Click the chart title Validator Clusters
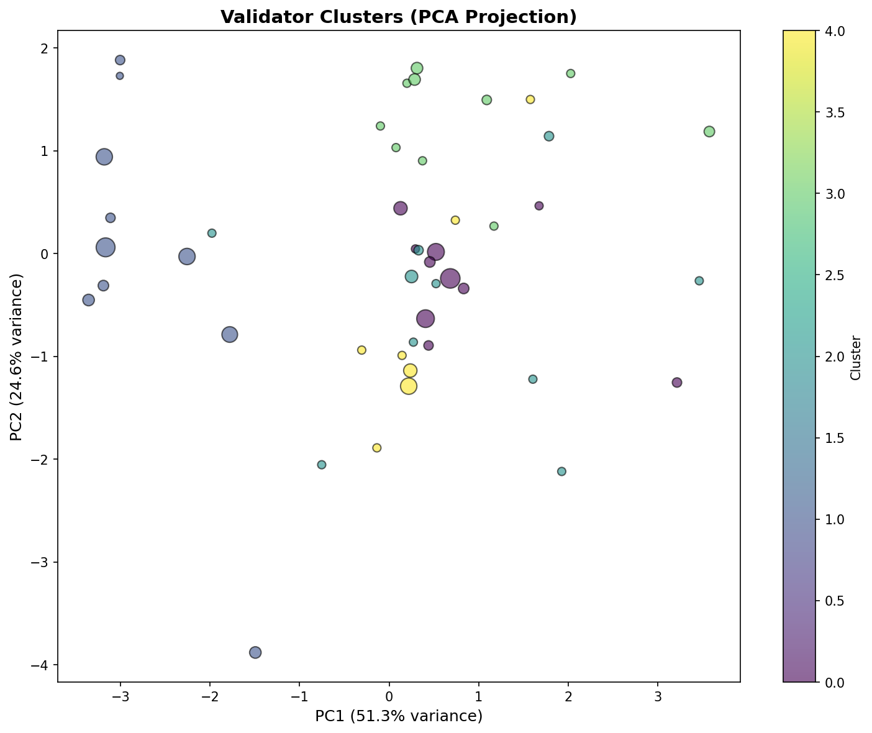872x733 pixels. tap(399, 17)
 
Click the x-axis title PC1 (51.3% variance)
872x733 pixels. tap(399, 716)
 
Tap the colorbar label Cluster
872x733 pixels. tap(856, 357)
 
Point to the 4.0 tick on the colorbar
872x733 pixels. tap(818, 31)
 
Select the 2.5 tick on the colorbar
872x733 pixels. tap(818, 275)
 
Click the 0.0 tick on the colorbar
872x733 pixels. tap(818, 682)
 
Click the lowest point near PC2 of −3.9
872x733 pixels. tap(255, 652)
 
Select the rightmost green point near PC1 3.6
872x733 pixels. tap(709, 132)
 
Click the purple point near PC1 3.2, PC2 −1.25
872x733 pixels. tap(677, 383)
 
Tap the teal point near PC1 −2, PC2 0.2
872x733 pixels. tap(212, 233)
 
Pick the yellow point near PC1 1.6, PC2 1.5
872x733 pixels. tap(530, 99)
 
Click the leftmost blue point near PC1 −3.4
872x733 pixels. tap(89, 300)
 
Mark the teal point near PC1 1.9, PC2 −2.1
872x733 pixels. tap(562, 471)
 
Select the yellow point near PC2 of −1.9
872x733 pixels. tap(377, 448)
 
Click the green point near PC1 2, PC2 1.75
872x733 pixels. tap(571, 73)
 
